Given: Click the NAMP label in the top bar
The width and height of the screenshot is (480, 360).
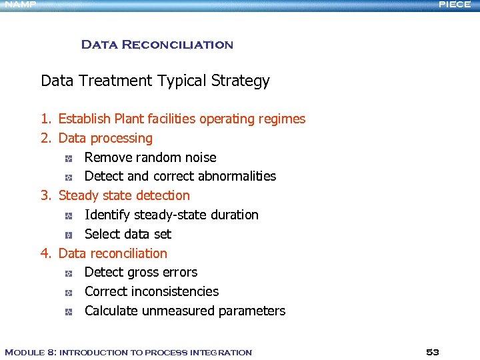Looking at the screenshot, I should [20, 5].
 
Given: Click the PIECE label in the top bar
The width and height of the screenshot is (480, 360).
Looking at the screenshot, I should [455, 5].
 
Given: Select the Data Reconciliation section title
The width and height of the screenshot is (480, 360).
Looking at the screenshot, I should [157, 45].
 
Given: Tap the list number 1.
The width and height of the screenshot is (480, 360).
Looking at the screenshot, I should [45, 119].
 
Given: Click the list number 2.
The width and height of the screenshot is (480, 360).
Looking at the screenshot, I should [45, 139].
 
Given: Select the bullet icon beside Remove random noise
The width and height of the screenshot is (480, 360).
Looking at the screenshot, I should [69, 159].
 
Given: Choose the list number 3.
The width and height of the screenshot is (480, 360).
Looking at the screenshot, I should [45, 196].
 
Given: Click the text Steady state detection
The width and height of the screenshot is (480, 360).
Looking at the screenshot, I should [124, 196].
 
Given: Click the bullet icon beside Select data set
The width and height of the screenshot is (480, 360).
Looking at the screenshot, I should [69, 235].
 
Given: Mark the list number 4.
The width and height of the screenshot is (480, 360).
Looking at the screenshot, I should [45, 254].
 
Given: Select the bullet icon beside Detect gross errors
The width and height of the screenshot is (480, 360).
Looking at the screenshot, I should [69, 273].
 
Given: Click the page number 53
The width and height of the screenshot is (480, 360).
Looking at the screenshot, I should [433, 352].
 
